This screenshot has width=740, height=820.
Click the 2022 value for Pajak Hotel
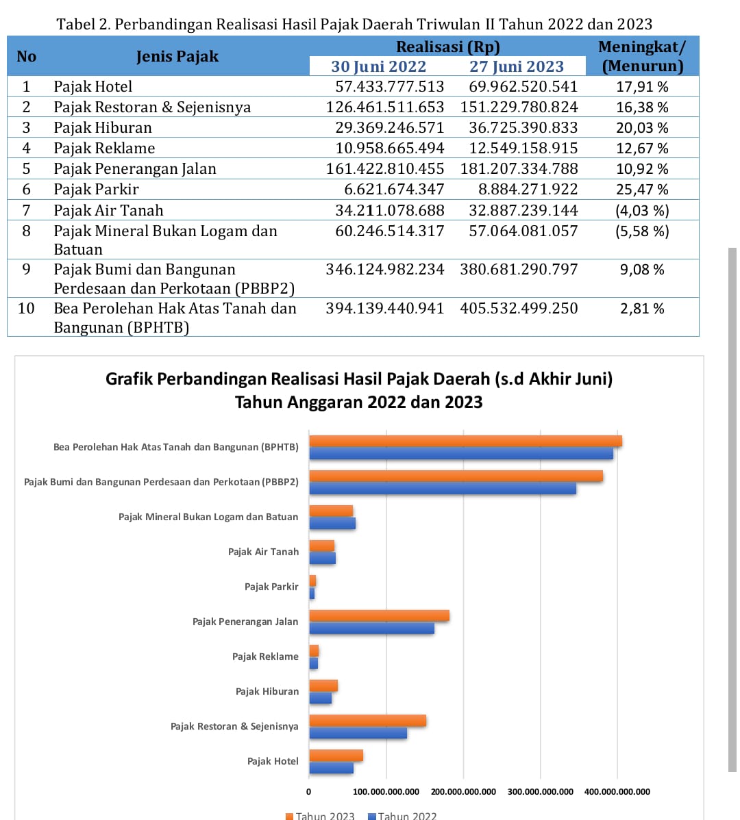(389, 86)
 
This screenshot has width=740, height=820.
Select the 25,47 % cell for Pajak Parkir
(642, 189)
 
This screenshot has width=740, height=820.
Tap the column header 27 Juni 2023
(516, 66)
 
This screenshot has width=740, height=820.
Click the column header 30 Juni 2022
(378, 66)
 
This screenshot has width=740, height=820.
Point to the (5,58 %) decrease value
(642, 231)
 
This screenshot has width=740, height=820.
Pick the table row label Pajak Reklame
(104, 148)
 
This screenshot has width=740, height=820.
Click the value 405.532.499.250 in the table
(519, 308)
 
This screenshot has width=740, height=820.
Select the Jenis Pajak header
(177, 56)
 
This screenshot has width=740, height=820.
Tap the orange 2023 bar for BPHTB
(465, 441)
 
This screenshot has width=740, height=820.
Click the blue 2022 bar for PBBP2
(443, 488)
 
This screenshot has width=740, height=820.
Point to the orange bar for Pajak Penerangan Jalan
(379, 615)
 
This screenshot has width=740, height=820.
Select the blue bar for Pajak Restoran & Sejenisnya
(358, 733)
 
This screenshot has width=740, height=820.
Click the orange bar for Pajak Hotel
(336, 756)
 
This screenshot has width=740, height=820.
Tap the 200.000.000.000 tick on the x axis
(463, 792)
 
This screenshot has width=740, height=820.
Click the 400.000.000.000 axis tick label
(617, 792)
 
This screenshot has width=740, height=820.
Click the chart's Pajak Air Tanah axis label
(263, 552)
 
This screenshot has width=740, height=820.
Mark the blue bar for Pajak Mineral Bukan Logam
(332, 524)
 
